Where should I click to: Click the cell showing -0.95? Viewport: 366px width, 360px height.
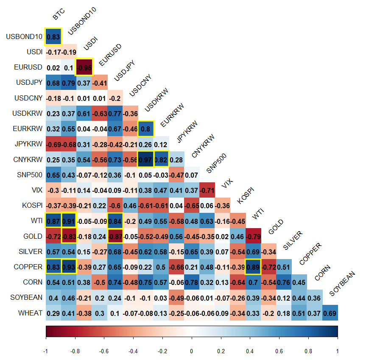[84, 67]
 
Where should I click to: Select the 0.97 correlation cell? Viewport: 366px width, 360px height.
[146, 159]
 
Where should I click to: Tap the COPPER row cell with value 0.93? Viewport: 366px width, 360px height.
[69, 267]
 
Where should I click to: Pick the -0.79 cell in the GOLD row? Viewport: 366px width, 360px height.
[254, 236]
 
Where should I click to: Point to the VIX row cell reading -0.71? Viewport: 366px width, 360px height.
[207, 190]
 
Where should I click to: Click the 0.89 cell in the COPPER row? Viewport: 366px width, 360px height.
[254, 267]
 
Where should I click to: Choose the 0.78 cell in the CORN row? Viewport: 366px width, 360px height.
[192, 282]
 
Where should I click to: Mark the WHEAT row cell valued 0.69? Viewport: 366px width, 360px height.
[330, 313]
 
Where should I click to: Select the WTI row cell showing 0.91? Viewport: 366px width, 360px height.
[69, 220]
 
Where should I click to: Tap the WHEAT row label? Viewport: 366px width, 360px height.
[30, 313]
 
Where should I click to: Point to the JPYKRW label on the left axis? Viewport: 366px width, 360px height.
[28, 144]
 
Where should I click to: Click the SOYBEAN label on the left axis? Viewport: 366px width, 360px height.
[26, 298]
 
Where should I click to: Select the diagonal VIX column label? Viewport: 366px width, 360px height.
[228, 184]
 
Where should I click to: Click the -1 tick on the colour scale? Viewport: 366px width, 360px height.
[46, 351]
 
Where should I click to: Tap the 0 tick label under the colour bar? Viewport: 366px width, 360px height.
[192, 351]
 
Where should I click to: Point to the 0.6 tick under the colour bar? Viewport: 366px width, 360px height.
[279, 351]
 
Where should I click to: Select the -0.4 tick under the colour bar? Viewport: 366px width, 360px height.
[133, 351]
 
